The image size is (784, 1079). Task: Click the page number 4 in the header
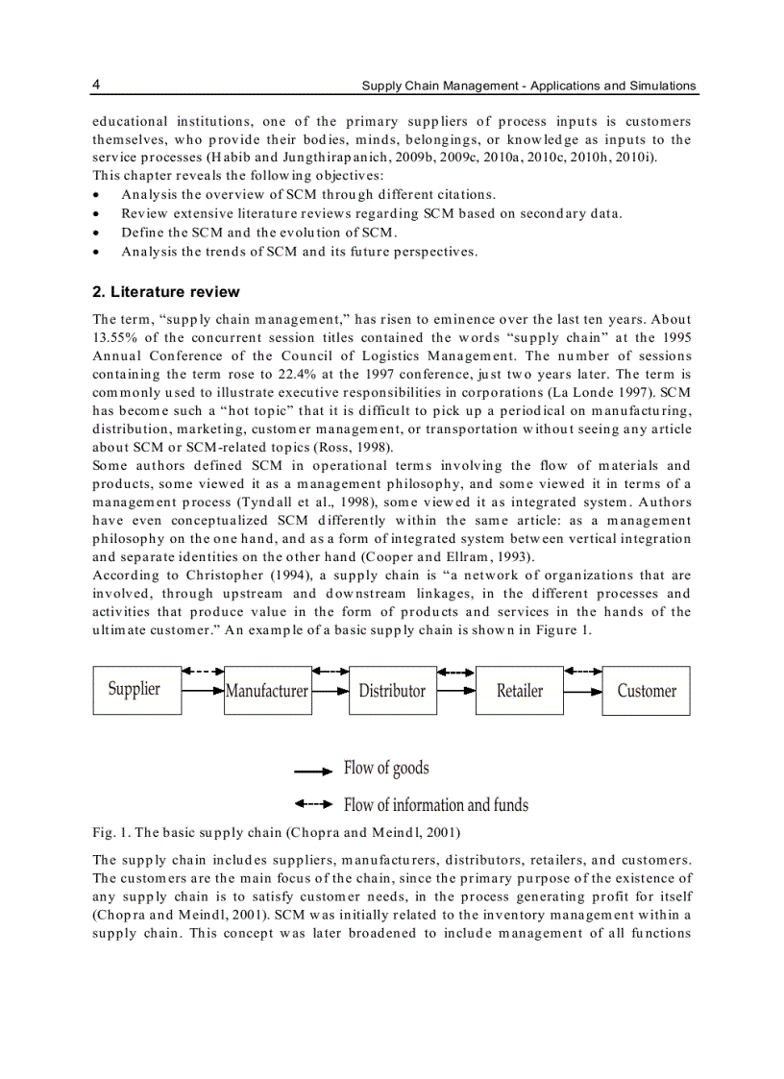(97, 85)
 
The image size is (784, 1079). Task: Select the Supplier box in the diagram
(136, 690)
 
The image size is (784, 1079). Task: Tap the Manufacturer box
(267, 691)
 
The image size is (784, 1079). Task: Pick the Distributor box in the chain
(392, 691)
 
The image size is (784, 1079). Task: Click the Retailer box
(519, 691)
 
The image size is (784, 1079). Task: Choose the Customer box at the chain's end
(646, 691)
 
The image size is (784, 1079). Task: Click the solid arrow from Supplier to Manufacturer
(202, 691)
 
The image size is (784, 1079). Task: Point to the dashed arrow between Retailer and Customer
(582, 671)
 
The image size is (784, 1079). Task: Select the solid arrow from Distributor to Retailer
(455, 691)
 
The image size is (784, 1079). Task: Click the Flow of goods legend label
(386, 768)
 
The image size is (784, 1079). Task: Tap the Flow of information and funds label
(435, 804)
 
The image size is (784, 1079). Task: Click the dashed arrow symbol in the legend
(313, 804)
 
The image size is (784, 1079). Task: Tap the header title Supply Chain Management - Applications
(528, 86)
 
